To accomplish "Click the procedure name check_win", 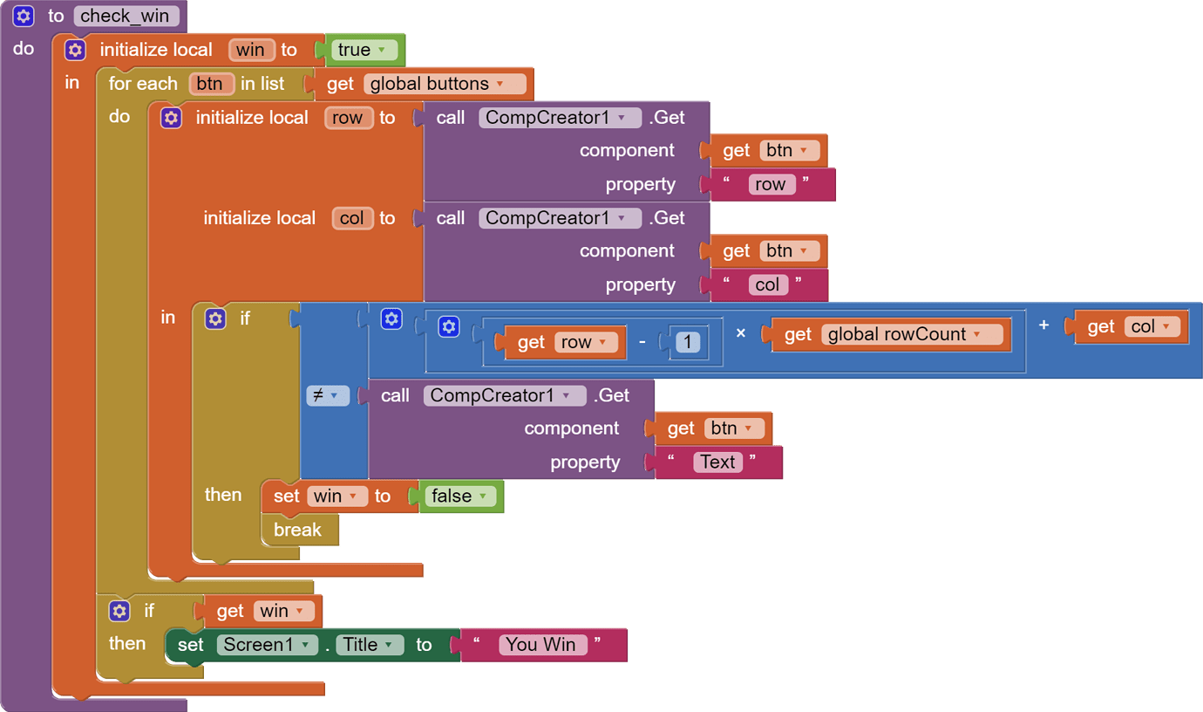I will pyautogui.click(x=126, y=16).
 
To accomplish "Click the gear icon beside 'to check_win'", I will pyautogui.click(x=24, y=16).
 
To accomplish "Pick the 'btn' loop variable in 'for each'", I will pyautogui.click(x=210, y=84).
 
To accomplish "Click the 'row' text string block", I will pyautogui.click(x=770, y=184).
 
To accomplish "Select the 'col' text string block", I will pyautogui.click(x=767, y=284).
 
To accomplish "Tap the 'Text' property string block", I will pyautogui.click(x=717, y=462).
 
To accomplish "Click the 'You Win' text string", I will pyautogui.click(x=540, y=644).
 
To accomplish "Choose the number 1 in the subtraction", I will pyautogui.click(x=688, y=342).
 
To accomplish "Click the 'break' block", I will pyautogui.click(x=297, y=530).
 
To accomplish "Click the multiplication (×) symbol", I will pyautogui.click(x=741, y=332).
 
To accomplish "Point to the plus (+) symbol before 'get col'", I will pyautogui.click(x=1043, y=325).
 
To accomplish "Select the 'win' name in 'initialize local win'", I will pyautogui.click(x=251, y=50).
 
